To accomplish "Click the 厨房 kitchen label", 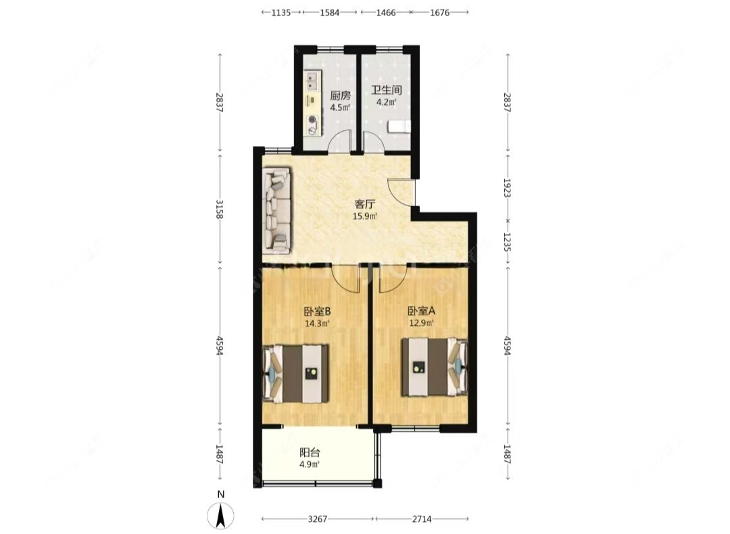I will (x=340, y=96).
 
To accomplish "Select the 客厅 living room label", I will (x=365, y=203).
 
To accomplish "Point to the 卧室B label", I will (x=316, y=312).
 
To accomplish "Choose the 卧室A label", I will (x=420, y=312).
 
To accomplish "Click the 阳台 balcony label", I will (x=310, y=453).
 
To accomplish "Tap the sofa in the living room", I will (x=277, y=208).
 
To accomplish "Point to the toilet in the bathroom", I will (x=399, y=126).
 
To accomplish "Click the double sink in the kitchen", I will (x=312, y=82).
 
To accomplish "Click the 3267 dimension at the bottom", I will (x=318, y=519).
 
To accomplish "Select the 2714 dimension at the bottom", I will (x=422, y=519).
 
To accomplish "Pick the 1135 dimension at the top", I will (x=281, y=12).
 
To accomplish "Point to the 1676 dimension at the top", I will (x=439, y=12).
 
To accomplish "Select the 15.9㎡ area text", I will (x=365, y=216).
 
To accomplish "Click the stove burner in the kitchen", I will (x=312, y=122).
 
